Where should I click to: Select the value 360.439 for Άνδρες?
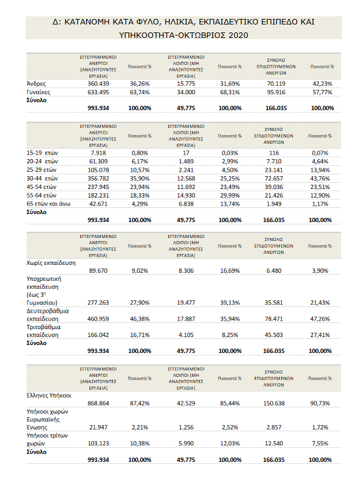coord(98,84)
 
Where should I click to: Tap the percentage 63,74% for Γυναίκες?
coord(140,92)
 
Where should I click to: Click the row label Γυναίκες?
coord(39,92)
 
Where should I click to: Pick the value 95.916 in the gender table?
coord(276,92)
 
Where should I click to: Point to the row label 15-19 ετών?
coord(42,153)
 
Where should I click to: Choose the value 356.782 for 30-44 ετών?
coord(98,179)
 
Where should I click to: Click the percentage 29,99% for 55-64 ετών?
coord(230,196)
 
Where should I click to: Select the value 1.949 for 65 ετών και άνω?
coord(274,204)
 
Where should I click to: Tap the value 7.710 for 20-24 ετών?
coord(274,162)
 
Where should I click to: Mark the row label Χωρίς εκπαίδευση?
coord(51,263)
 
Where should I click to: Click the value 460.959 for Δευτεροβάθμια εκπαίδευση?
coord(98,319)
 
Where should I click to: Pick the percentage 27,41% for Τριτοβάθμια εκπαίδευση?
coord(320,335)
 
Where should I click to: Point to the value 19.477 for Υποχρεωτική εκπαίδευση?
coord(186,303)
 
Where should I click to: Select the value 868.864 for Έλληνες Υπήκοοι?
coord(98,403)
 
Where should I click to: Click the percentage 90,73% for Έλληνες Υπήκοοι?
coord(320,403)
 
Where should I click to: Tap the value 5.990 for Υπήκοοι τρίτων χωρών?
coord(186,444)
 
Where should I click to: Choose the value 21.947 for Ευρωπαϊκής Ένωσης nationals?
coord(98,428)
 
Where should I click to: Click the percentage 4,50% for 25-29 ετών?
coord(230,170)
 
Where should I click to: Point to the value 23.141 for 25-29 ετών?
coord(274,170)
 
